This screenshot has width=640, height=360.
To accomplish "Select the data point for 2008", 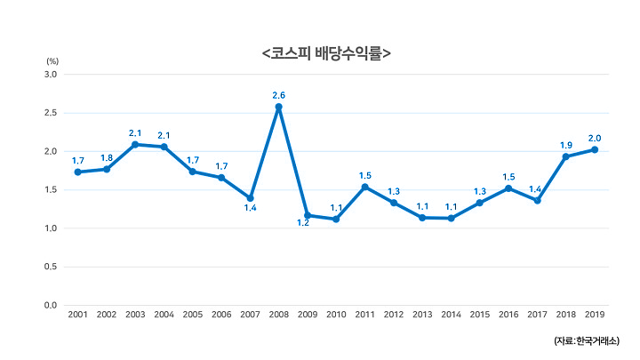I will coord(279,107).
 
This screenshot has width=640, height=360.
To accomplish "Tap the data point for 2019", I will coord(595,149).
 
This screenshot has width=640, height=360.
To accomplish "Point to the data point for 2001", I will coord(78,172).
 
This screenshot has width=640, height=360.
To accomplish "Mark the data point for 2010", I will coord(336,219).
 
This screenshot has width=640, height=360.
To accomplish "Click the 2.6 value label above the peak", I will coord(279,94).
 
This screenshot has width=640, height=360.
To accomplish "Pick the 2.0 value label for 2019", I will coord(595,138).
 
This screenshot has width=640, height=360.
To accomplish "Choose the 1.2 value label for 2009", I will coord(303,223).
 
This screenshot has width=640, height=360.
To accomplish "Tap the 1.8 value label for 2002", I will coord(107,157).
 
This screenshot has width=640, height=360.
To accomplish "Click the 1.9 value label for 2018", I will coord(565,145).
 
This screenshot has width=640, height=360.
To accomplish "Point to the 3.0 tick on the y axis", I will coord(50,75).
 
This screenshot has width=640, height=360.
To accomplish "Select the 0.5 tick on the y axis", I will coord(50,267).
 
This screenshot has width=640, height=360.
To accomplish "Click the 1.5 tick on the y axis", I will coord(50,190).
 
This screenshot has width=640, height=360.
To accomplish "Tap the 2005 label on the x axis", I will coord(193,316).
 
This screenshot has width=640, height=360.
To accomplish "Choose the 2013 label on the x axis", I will coord(422,316).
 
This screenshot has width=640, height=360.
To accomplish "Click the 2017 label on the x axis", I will coord(537,316).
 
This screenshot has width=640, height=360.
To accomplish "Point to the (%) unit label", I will coord(52,60).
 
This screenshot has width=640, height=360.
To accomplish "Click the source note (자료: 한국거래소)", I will coord(589,340).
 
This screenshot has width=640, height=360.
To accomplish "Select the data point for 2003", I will coord(135,144).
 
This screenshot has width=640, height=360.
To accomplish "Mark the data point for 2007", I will coord(251,197).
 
